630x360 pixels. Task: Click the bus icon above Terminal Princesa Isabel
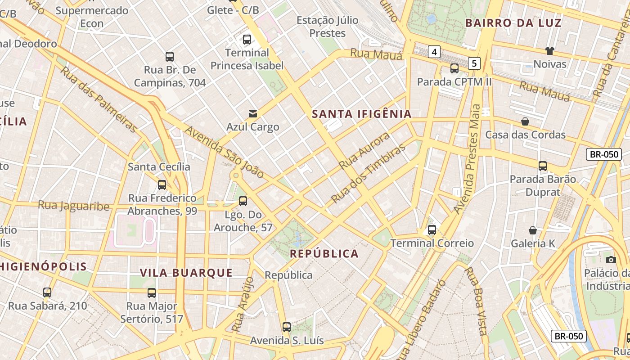click(247, 40)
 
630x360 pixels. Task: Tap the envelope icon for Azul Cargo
click(253, 114)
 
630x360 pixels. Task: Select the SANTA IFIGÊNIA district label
click(362, 114)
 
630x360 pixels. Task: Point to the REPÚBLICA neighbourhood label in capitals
click(324, 254)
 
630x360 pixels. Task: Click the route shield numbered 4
click(434, 52)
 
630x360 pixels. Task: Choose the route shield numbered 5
click(474, 63)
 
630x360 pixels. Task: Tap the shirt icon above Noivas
click(549, 50)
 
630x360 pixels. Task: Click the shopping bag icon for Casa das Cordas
click(525, 121)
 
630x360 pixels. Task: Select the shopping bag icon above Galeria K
click(533, 230)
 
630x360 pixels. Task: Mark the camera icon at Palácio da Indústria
click(611, 260)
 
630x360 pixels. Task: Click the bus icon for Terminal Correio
click(432, 230)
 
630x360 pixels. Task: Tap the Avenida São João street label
click(224, 152)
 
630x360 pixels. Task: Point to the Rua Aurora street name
click(364, 151)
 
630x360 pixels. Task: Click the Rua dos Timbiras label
click(368, 174)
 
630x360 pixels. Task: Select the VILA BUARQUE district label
click(186, 273)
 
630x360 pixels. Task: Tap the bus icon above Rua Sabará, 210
click(47, 292)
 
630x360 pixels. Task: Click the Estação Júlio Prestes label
click(328, 27)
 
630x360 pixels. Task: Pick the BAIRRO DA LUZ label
click(513, 23)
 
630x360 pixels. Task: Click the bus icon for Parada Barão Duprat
click(543, 166)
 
